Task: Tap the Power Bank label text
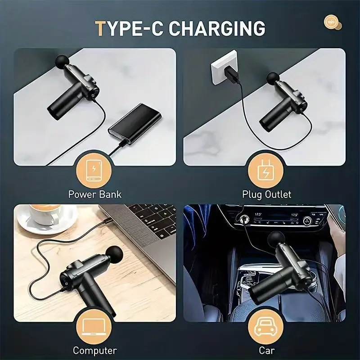pyautogui.click(x=95, y=194)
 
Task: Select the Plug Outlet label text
pyautogui.click(x=267, y=194)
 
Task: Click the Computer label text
pyautogui.click(x=95, y=351)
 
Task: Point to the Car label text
pyautogui.click(x=267, y=351)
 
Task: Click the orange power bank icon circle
pyautogui.click(x=94, y=171)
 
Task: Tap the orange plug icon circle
pyautogui.click(x=265, y=171)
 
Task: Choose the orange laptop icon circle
pyautogui.click(x=94, y=327)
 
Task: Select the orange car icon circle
pyautogui.click(x=265, y=327)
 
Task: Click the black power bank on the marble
pyautogui.click(x=135, y=124)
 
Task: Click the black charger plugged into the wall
pyautogui.click(x=231, y=75)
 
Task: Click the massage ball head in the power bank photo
pyautogui.click(x=62, y=62)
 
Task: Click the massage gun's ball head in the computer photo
pyautogui.click(x=114, y=255)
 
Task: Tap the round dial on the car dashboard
pyautogui.click(x=307, y=221)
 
